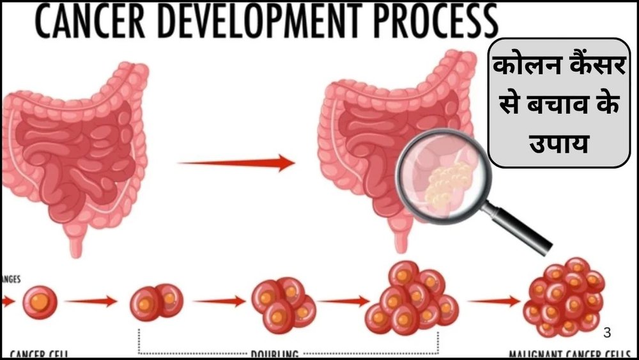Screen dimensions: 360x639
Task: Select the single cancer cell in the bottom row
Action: click(x=40, y=302)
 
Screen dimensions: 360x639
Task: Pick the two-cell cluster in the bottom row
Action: click(x=156, y=301)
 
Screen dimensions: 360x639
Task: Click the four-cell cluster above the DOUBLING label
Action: click(x=283, y=301)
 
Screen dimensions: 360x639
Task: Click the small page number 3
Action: click(x=607, y=332)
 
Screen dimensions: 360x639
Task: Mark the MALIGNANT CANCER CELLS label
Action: click(x=572, y=354)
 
